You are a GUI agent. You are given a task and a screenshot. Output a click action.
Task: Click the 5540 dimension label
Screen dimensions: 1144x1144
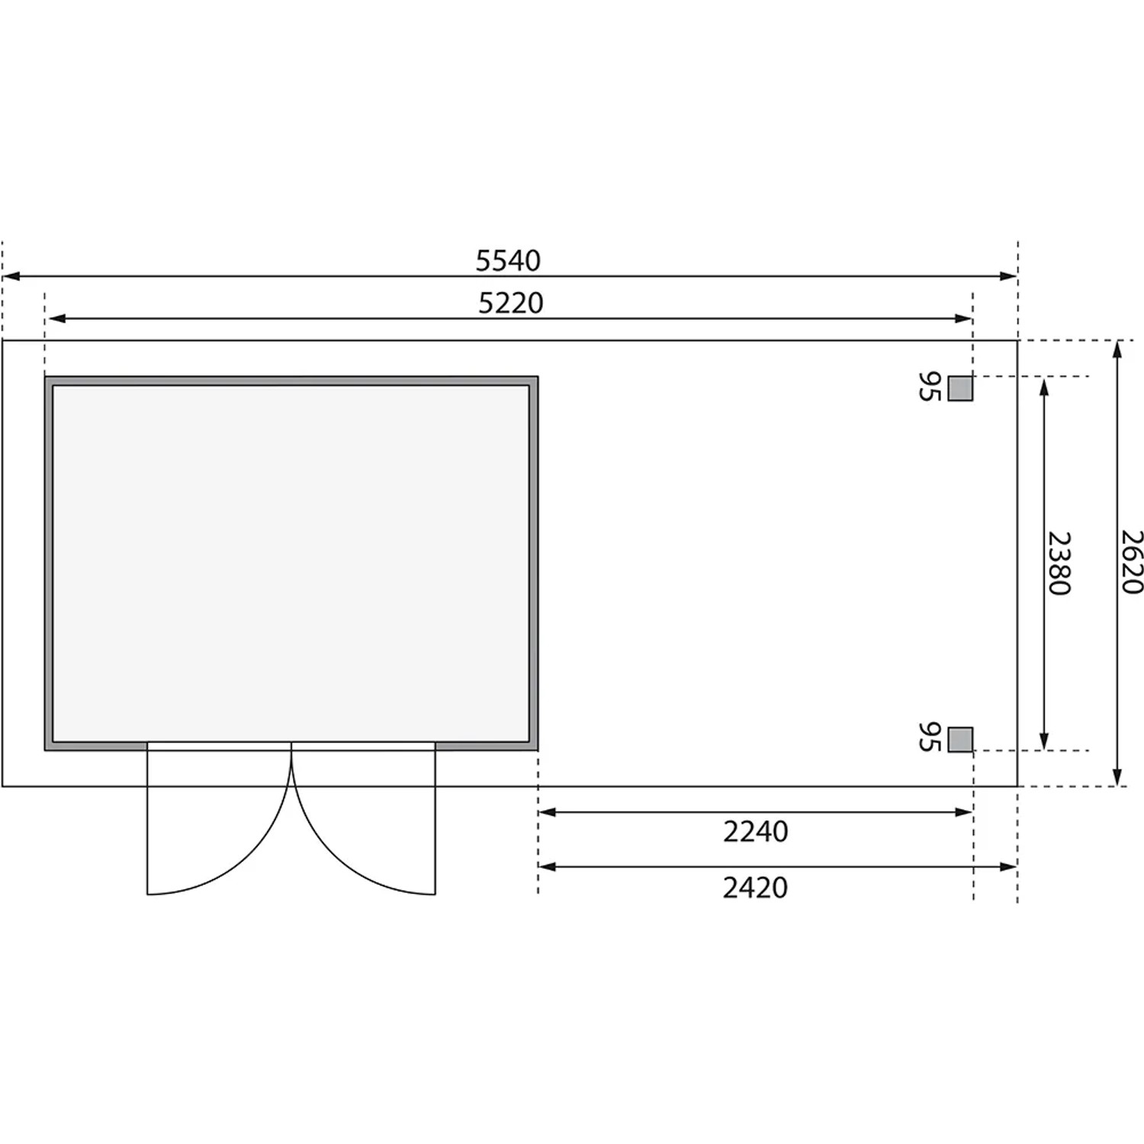[508, 261]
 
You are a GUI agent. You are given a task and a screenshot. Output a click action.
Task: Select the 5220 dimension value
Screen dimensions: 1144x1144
[511, 304]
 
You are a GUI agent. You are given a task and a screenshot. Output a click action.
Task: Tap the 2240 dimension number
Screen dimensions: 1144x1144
[755, 831]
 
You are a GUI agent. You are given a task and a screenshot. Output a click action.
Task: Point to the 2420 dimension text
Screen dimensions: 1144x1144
[755, 888]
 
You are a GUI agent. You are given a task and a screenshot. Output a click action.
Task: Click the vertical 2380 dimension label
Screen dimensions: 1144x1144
[1059, 563]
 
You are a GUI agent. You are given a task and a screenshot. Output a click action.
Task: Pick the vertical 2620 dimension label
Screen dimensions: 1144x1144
[1133, 562]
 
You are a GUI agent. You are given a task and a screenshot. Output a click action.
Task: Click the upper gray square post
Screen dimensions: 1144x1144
[960, 388]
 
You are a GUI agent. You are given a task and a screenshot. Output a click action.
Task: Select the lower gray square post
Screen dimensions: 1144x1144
[960, 739]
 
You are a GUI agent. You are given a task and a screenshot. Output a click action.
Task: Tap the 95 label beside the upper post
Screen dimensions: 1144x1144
[929, 387]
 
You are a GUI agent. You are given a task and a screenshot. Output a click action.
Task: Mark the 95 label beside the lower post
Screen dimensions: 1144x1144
[929, 737]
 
